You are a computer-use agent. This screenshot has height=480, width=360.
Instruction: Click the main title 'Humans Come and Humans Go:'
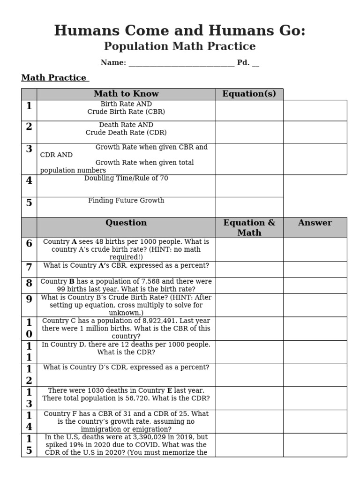[x=180, y=30]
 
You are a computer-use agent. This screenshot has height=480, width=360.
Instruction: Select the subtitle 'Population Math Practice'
[x=180, y=46]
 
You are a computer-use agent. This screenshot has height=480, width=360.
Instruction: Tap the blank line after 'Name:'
[x=181, y=63]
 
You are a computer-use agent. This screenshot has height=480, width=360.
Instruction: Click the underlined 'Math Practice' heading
[x=54, y=78]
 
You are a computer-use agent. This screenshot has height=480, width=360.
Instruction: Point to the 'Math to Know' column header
[x=126, y=94]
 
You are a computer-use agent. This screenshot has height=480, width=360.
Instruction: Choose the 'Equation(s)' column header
[x=249, y=94]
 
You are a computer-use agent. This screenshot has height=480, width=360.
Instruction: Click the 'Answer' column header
[x=315, y=223]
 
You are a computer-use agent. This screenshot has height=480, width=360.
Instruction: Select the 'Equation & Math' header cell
[x=249, y=227]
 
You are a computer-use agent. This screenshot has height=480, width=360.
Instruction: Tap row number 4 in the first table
[x=29, y=180]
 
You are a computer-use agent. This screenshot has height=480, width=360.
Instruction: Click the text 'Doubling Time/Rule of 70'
[x=126, y=179]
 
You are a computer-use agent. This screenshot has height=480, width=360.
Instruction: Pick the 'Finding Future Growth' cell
[x=126, y=201]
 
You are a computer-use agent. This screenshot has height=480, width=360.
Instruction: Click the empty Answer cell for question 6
[x=315, y=249]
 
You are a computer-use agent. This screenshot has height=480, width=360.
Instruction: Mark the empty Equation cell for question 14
[x=249, y=421]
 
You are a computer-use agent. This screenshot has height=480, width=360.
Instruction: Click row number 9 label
[x=29, y=299]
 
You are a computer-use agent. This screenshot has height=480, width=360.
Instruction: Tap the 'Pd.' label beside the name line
[x=243, y=63]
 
